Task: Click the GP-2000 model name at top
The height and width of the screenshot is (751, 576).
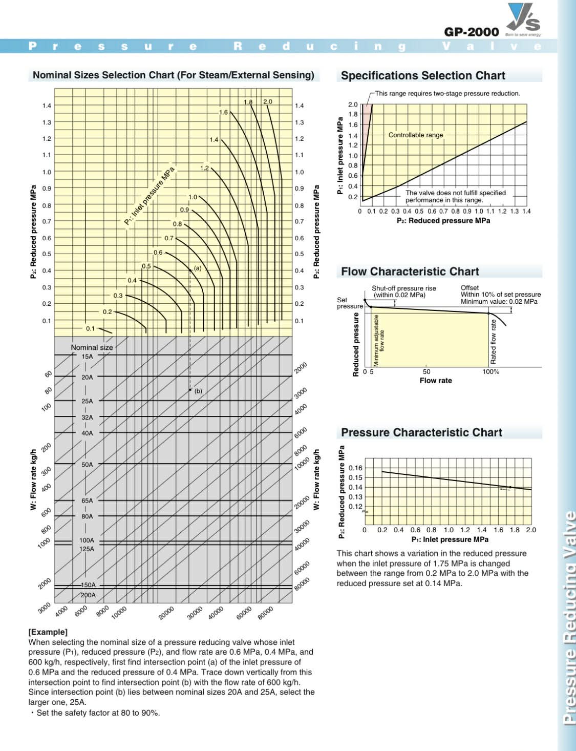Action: click(471, 32)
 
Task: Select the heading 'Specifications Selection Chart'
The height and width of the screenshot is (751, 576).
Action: click(423, 76)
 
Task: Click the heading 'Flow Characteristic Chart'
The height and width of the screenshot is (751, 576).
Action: click(410, 272)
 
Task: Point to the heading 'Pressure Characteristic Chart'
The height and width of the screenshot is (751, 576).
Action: click(421, 432)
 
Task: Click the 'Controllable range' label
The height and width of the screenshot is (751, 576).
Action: click(416, 135)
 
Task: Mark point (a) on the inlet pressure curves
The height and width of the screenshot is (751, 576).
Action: click(190, 269)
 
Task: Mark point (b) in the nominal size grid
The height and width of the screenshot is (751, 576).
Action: click(190, 390)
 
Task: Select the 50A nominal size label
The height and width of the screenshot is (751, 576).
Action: click(87, 465)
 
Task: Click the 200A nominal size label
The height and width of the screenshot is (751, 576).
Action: click(88, 595)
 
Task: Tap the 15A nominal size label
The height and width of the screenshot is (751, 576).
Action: click(87, 356)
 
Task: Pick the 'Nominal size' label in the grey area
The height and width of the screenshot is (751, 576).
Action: click(92, 347)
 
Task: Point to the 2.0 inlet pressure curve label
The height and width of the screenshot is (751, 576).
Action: click(268, 101)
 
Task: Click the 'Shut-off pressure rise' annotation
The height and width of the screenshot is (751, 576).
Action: click(403, 288)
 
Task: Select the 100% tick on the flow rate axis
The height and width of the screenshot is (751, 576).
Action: click(490, 371)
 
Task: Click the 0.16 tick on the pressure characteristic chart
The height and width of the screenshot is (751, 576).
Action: click(355, 468)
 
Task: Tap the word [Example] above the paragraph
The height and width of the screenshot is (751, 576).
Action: click(48, 632)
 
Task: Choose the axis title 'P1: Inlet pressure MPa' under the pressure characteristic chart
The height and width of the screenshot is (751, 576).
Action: click(450, 539)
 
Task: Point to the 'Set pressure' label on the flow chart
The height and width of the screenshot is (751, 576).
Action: click(350, 303)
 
